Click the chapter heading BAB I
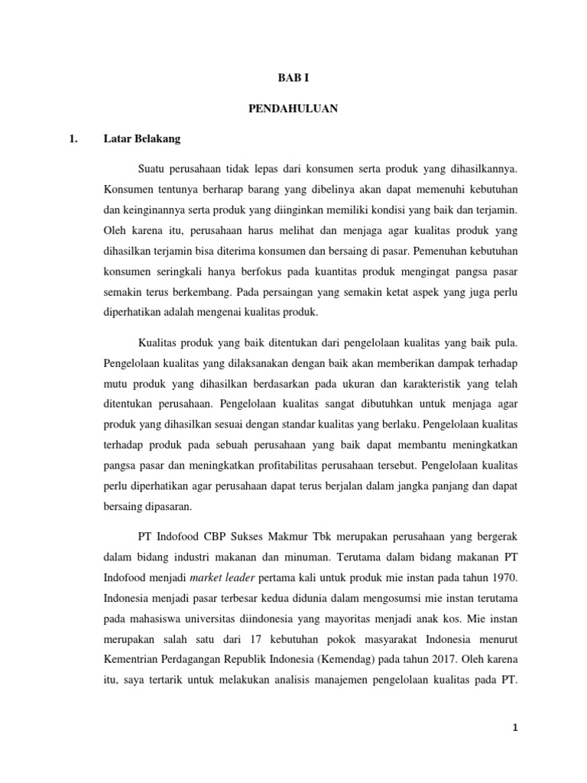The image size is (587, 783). pos(293,78)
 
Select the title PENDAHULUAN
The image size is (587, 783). pos(293,109)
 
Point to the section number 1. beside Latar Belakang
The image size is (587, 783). pos(74,139)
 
